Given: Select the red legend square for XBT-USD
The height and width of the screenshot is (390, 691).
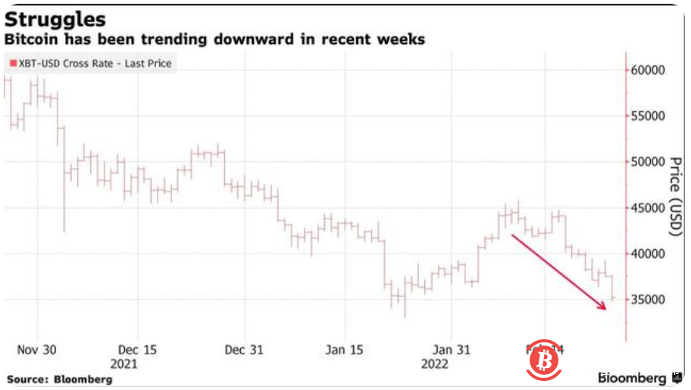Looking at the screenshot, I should [13, 64].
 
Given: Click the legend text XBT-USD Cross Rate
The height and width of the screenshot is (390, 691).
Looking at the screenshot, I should [72, 64].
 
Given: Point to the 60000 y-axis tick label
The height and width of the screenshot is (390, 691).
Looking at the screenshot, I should [648, 70].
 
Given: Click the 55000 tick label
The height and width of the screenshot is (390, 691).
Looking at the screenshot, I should [648, 116].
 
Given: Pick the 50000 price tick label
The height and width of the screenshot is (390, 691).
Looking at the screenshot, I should [648, 162].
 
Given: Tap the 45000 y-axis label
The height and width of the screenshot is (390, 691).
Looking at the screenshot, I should [648, 208].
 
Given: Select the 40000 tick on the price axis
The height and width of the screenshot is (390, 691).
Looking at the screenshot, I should [648, 254].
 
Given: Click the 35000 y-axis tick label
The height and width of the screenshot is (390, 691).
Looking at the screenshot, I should [648, 300].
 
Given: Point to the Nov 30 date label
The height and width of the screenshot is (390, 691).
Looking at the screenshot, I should [36, 350].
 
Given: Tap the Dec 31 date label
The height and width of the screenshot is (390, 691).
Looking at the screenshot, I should [244, 350].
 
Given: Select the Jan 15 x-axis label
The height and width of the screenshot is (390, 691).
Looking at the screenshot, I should [345, 350].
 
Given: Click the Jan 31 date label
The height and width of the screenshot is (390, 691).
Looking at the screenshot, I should [450, 350].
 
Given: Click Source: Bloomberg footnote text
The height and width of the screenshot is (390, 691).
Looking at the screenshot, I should [59, 378].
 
